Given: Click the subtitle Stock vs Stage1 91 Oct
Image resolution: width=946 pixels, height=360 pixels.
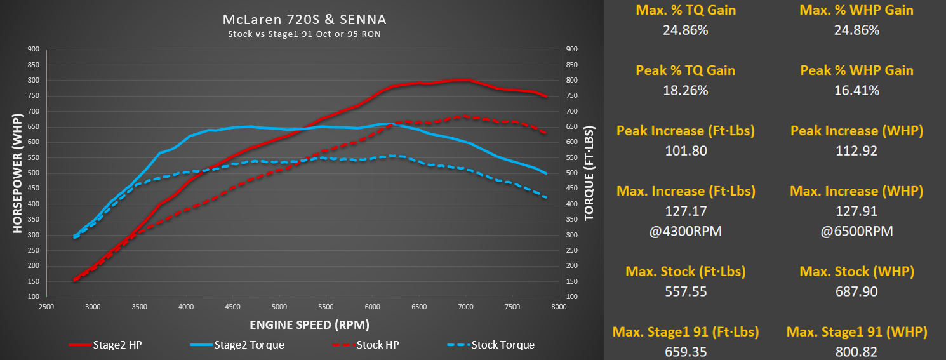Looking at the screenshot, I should click(305, 34).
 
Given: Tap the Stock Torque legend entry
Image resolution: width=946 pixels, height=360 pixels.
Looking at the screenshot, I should click(502, 345).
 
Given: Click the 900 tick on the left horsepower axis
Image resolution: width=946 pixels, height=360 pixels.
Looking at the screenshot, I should click(33, 49).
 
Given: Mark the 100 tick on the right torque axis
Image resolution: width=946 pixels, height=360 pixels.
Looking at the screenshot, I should click(571, 297).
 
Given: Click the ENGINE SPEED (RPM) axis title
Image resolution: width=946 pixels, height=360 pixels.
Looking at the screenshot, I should click(309, 324).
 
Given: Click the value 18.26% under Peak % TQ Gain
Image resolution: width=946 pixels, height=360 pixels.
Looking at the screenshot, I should click(686, 91).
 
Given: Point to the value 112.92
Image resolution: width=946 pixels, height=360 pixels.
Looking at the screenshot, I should click(856, 151).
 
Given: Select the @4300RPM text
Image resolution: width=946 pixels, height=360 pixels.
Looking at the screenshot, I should click(686, 231).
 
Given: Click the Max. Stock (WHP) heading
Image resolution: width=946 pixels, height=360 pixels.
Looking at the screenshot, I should click(856, 272).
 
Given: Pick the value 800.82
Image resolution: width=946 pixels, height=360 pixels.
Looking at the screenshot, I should click(856, 351).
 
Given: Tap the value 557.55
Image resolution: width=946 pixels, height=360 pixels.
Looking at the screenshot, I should click(686, 291).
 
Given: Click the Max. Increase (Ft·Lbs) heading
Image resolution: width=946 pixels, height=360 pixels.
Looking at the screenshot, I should click(686, 191).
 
